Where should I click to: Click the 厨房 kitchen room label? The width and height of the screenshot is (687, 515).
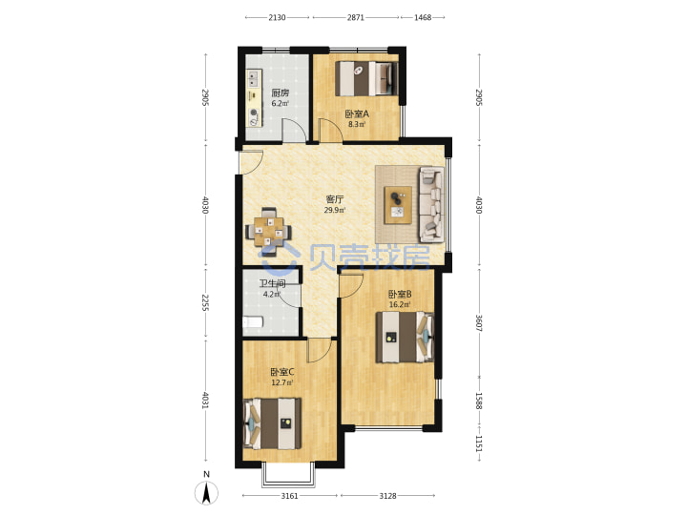click(x=280, y=93)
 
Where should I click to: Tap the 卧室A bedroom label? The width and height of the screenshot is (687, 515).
click(x=357, y=113)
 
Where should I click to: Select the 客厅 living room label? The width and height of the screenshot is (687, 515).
click(x=335, y=199)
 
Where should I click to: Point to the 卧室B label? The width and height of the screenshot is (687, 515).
click(x=400, y=294)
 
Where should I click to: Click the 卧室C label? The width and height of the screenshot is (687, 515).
click(x=282, y=372)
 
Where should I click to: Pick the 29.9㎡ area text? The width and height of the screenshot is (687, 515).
click(x=335, y=210)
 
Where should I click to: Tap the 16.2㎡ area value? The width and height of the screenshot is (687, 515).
click(x=400, y=304)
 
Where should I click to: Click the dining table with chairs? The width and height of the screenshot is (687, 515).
click(x=268, y=227)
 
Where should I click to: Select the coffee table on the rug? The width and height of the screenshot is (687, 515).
click(x=398, y=205)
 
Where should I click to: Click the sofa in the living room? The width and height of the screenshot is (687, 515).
click(x=431, y=204)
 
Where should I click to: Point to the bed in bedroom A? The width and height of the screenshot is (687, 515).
click(x=366, y=78)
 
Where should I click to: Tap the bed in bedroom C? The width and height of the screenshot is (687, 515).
click(x=272, y=423)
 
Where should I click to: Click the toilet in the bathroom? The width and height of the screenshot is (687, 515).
click(x=253, y=322)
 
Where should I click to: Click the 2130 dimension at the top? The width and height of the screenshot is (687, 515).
click(x=277, y=17)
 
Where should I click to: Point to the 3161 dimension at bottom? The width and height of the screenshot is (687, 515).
click(x=289, y=496)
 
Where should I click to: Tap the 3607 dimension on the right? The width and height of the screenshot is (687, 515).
click(x=478, y=323)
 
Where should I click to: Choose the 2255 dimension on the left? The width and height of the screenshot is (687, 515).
click(x=204, y=302)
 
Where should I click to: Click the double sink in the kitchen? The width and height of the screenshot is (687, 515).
click(x=253, y=79)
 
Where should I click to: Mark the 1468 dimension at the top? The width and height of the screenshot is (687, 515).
click(x=423, y=17)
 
